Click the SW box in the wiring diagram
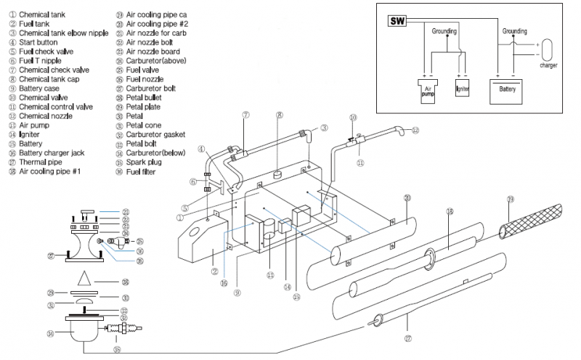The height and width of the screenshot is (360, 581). pos(397,21)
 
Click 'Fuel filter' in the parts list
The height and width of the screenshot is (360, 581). pos(146,172)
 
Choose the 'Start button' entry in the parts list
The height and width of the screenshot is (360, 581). pos(43,42)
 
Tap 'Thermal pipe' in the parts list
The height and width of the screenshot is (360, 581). pos(44,163)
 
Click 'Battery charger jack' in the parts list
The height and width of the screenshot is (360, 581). pos(61,153)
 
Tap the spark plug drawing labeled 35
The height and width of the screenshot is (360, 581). pos(119,335)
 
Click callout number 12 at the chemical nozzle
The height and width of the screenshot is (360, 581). pos(415,131)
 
